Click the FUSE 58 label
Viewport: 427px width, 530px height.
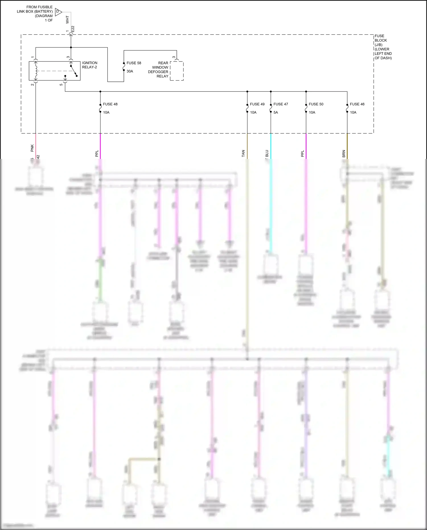coord(134,63)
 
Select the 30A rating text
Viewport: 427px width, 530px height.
coord(130,71)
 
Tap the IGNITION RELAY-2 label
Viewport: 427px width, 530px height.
coord(90,65)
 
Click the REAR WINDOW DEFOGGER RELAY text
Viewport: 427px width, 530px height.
coord(158,69)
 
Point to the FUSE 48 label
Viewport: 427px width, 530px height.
coord(110,104)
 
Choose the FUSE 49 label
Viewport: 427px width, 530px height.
coord(257,104)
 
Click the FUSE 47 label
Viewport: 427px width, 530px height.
coord(281,104)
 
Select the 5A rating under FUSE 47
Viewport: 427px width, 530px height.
coord(276,112)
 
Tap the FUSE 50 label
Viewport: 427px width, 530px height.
coord(316,104)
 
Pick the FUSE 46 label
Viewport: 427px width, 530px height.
coord(357,104)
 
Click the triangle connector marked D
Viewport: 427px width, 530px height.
coord(58,12)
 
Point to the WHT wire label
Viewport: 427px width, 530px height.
coord(67,19)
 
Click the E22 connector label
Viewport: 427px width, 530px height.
coord(73,29)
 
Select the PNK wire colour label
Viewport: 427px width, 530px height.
coord(32,148)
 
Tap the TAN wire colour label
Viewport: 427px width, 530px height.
coord(243,154)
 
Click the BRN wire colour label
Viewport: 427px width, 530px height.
coord(344,154)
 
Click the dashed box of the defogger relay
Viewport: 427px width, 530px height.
coord(177,71)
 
